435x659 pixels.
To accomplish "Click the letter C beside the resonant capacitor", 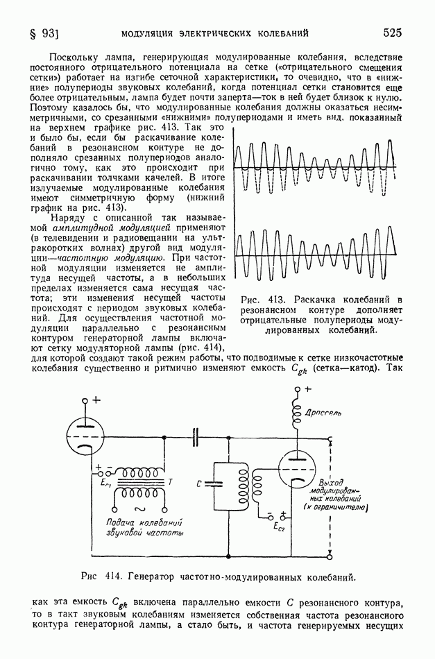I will point(199,483).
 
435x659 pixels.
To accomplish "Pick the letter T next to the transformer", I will point(171,482).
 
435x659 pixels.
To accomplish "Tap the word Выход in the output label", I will point(332,482).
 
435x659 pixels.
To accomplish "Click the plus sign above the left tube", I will point(96,400).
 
